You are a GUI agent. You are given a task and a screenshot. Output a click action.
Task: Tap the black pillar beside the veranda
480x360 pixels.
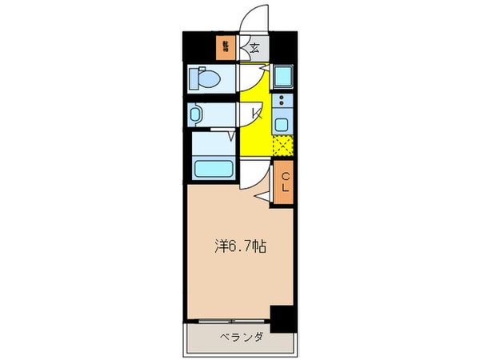click(281, 319)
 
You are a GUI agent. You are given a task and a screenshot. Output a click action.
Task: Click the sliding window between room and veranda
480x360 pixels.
click(228, 322)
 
